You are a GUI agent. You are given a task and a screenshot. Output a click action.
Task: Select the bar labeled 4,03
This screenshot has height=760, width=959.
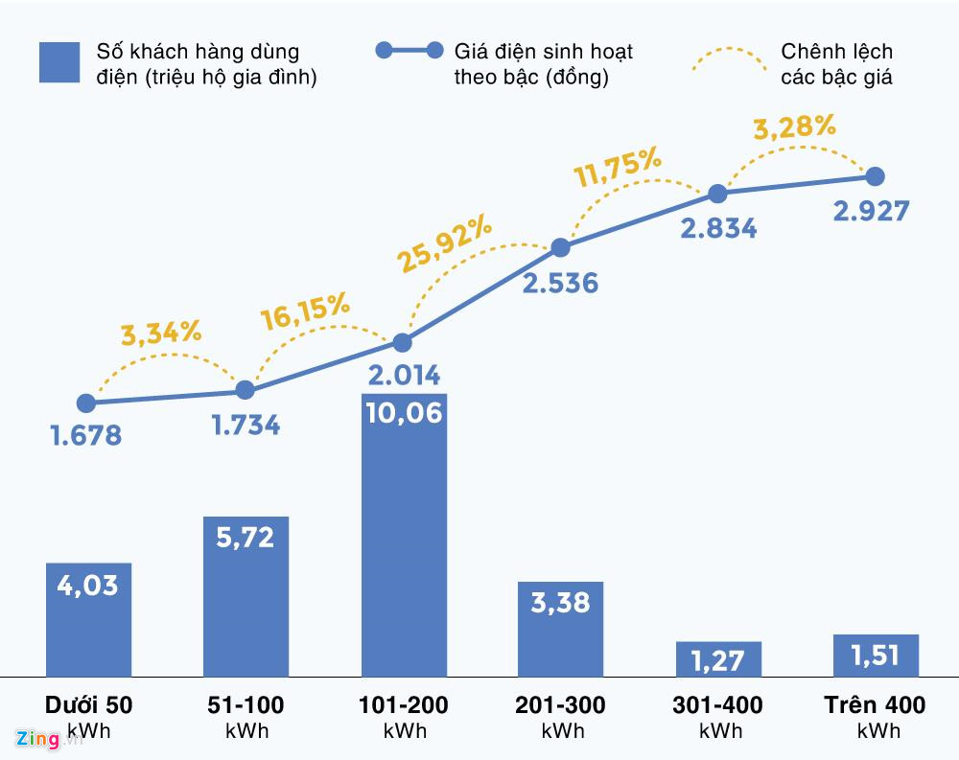point(88,619)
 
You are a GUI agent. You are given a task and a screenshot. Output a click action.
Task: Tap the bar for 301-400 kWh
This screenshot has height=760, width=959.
point(718,659)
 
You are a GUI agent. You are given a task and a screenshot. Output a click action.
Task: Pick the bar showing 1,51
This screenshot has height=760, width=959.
point(876,656)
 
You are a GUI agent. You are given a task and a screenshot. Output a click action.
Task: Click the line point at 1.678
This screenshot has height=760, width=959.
point(86,403)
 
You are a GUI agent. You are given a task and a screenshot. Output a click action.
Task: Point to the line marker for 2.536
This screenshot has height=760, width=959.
point(561,248)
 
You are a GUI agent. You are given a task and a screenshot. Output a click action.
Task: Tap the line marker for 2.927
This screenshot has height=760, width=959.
point(875,176)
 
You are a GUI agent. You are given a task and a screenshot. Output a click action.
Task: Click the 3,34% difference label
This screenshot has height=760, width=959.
point(161,334)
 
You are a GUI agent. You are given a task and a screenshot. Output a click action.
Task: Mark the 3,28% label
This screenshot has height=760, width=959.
point(794,127)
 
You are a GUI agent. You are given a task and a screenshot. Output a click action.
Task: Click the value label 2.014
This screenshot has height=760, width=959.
point(403,374)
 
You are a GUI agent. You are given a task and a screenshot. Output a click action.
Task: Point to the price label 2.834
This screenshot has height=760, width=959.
point(718,228)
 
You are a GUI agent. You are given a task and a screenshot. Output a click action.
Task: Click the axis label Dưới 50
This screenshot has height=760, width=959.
point(88,705)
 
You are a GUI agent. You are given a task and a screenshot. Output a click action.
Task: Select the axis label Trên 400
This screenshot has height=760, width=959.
point(875,705)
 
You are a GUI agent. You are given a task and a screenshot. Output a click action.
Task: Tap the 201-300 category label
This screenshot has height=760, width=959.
point(560,705)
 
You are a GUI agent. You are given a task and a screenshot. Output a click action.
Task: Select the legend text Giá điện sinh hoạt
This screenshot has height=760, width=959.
point(543,52)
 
